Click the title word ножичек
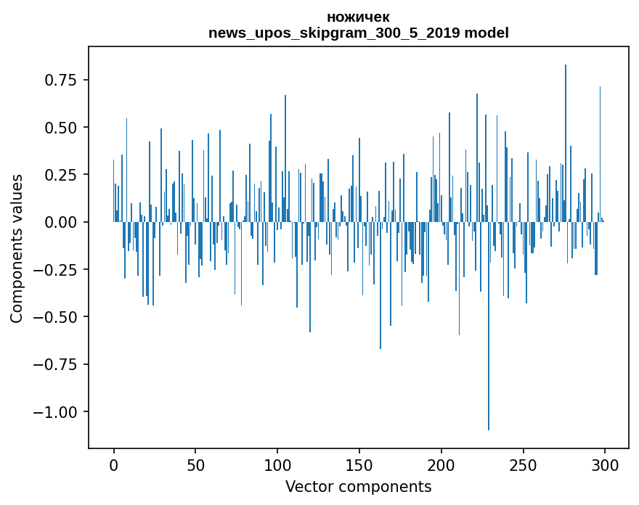pos(358,17)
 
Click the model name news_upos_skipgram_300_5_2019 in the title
pos(334,33)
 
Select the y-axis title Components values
pos(17,248)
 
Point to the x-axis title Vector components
pos(358,487)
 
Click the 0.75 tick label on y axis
pos(61,80)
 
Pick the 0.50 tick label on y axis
pos(61,128)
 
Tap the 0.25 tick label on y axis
pos(61,175)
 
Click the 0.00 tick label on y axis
pos(61,222)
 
